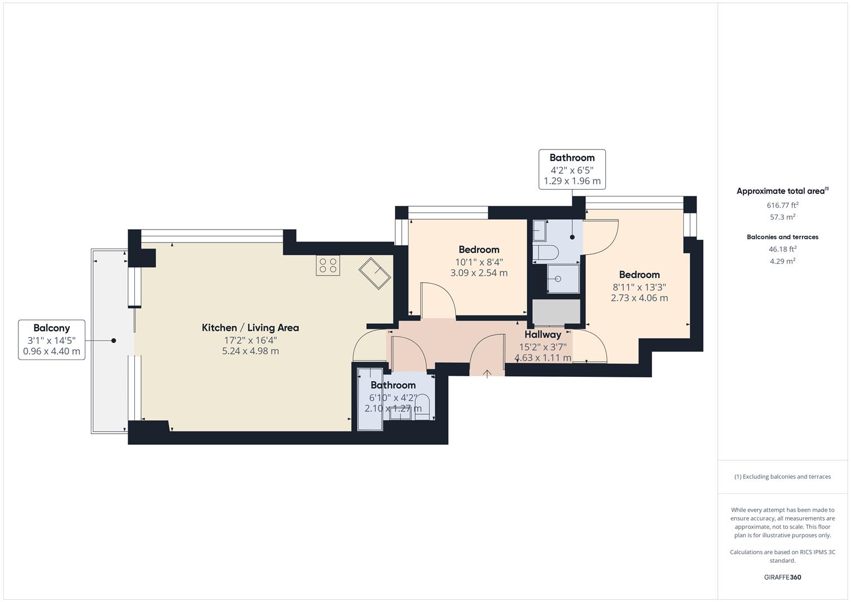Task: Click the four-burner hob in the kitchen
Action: tap(328, 265)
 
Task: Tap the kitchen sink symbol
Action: tap(375, 273)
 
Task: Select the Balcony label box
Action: tap(52, 339)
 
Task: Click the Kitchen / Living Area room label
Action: tap(250, 328)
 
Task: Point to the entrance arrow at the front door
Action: tap(487, 373)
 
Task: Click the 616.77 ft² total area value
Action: tap(782, 205)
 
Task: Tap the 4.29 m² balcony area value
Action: tap(782, 261)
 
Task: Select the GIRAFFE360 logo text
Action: tap(782, 577)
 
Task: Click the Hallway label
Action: tap(542, 334)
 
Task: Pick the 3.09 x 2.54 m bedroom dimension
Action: tap(479, 273)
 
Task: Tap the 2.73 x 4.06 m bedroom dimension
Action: tap(639, 298)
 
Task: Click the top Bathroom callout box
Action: tap(572, 169)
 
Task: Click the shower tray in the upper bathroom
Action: tap(563, 278)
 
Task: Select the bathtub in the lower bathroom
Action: tap(370, 399)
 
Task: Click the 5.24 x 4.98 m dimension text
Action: tap(250, 351)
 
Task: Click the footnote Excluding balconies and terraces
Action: tap(782, 477)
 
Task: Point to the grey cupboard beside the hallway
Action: tap(556, 312)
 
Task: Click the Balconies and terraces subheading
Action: tap(782, 237)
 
